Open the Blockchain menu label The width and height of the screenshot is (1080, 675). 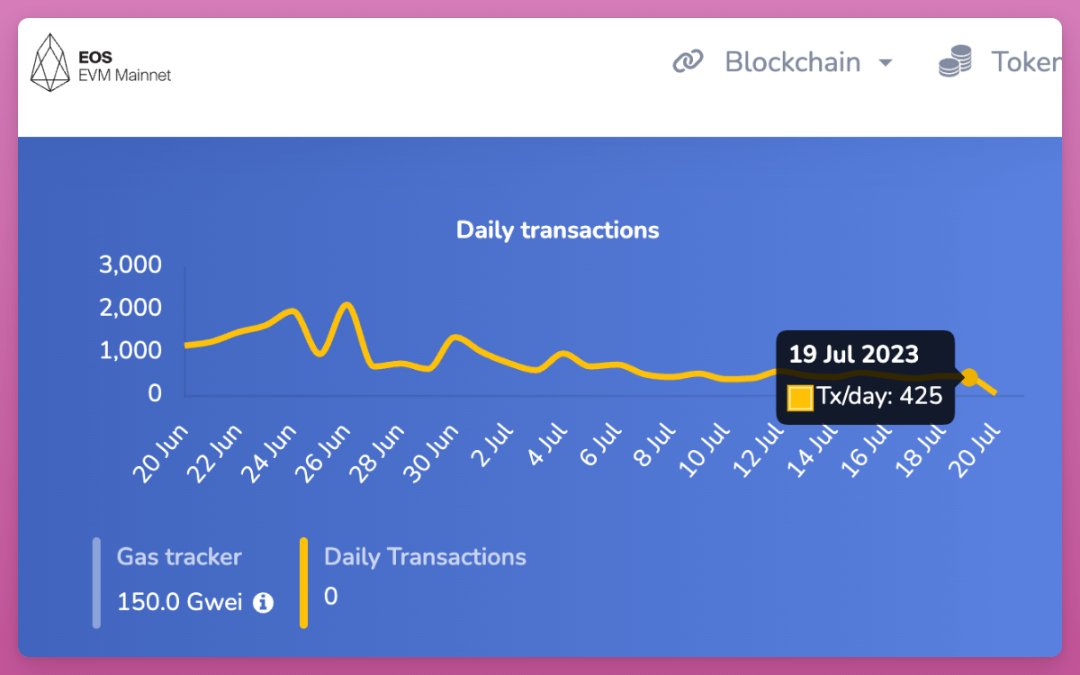(x=792, y=62)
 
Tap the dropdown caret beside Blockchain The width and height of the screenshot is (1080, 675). (x=886, y=63)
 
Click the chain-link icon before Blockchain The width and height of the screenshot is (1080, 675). (x=688, y=62)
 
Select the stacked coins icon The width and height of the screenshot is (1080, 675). (x=955, y=63)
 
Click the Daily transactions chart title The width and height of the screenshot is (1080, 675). (x=557, y=229)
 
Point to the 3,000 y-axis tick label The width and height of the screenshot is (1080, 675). (x=131, y=265)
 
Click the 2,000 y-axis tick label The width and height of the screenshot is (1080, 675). (x=131, y=308)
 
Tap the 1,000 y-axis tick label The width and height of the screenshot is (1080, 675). (x=131, y=350)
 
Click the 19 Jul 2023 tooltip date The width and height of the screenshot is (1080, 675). (x=853, y=352)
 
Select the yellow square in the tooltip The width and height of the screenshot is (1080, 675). (x=800, y=397)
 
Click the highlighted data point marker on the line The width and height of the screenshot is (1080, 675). (x=969, y=378)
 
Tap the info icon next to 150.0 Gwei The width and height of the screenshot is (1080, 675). (x=263, y=603)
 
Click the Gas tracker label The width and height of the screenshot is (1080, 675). (x=179, y=556)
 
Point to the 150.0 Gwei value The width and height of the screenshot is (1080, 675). (x=180, y=602)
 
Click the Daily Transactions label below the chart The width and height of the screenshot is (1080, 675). (x=425, y=556)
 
